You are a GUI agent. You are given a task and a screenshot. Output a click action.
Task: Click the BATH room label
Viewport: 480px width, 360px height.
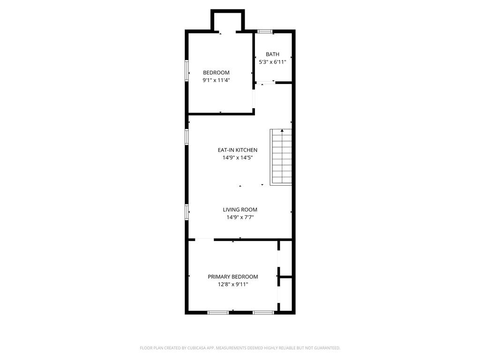tap(272, 54)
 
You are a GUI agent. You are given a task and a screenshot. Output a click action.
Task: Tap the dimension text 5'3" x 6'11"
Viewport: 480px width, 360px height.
tap(272, 62)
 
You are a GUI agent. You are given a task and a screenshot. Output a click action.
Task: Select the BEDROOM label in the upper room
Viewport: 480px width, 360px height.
tap(216, 73)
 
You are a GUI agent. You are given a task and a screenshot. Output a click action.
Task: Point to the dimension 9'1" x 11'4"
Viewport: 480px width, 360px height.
tap(216, 80)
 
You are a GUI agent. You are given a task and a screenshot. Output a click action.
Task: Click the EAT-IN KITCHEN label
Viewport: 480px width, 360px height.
tap(238, 150)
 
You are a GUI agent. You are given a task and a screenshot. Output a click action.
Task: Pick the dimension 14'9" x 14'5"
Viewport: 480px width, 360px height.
tap(238, 157)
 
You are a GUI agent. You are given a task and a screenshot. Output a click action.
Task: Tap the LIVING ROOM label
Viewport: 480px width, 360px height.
tap(240, 210)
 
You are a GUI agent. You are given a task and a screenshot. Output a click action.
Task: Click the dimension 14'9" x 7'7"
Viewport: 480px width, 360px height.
tap(240, 217)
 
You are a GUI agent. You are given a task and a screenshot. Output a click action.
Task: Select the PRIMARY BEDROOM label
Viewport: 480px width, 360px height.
tap(233, 277)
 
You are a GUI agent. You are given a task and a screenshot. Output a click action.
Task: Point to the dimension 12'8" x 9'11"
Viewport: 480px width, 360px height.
tap(233, 285)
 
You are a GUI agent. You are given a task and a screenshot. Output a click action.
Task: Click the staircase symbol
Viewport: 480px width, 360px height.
tap(281, 157)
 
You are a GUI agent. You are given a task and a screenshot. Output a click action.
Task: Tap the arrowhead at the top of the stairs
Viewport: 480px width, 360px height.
tap(282, 130)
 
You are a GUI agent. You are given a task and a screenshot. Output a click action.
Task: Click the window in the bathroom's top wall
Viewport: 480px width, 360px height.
tap(265, 31)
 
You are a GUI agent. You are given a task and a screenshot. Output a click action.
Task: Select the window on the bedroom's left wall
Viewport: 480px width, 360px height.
tap(187, 71)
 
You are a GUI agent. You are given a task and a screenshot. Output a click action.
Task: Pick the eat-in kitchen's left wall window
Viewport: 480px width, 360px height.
tap(187, 136)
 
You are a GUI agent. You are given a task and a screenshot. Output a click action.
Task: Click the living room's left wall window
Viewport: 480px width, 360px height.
tap(187, 212)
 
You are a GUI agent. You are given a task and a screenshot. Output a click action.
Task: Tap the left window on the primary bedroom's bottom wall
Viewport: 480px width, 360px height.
tap(218, 313)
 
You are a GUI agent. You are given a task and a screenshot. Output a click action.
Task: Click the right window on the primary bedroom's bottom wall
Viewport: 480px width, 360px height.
tap(263, 313)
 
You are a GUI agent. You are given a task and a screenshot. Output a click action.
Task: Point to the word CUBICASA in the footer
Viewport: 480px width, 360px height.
tap(196, 348)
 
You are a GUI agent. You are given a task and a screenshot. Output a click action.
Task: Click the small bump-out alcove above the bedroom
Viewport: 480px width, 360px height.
tap(228, 21)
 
